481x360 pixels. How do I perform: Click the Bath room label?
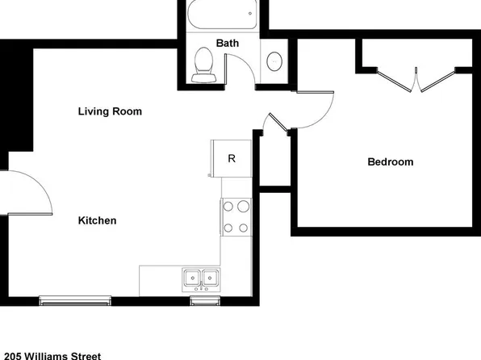coord(227,43)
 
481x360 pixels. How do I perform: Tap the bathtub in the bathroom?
coord(220,15)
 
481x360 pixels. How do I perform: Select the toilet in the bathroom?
coord(203,65)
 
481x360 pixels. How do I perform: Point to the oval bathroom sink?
coord(275,61)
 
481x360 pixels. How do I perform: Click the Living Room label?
coord(110,111)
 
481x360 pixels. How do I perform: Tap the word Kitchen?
coord(98,220)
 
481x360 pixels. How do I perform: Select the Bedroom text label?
coord(390,162)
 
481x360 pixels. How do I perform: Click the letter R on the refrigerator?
coord(231,158)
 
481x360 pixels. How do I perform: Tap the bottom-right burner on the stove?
coord(243,227)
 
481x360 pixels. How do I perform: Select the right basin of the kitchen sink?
coord(210,278)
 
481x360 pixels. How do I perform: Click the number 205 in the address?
coord(14,354)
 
